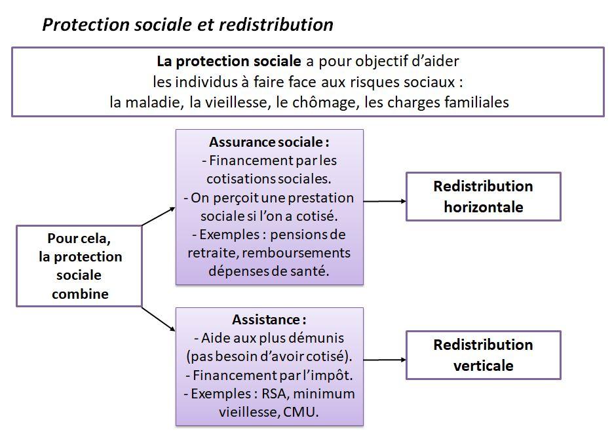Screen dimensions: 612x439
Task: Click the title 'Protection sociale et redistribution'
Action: [188, 25]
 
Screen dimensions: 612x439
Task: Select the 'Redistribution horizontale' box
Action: [483, 197]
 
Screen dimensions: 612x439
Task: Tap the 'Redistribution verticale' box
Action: [483, 355]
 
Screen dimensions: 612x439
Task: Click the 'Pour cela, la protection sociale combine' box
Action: [79, 266]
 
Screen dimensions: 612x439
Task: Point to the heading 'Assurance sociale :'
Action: [269, 142]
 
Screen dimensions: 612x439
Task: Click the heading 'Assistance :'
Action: [269, 320]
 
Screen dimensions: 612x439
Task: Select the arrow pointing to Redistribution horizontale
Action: [385, 201]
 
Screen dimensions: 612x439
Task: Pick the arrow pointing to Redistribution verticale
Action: [385, 360]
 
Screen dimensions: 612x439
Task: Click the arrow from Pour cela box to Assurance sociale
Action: [159, 217]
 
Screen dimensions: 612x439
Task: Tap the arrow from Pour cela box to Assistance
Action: [159, 319]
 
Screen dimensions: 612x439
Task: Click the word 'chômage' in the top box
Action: [324, 103]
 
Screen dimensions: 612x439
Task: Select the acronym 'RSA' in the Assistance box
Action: [275, 394]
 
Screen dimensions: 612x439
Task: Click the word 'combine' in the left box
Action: [80, 294]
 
